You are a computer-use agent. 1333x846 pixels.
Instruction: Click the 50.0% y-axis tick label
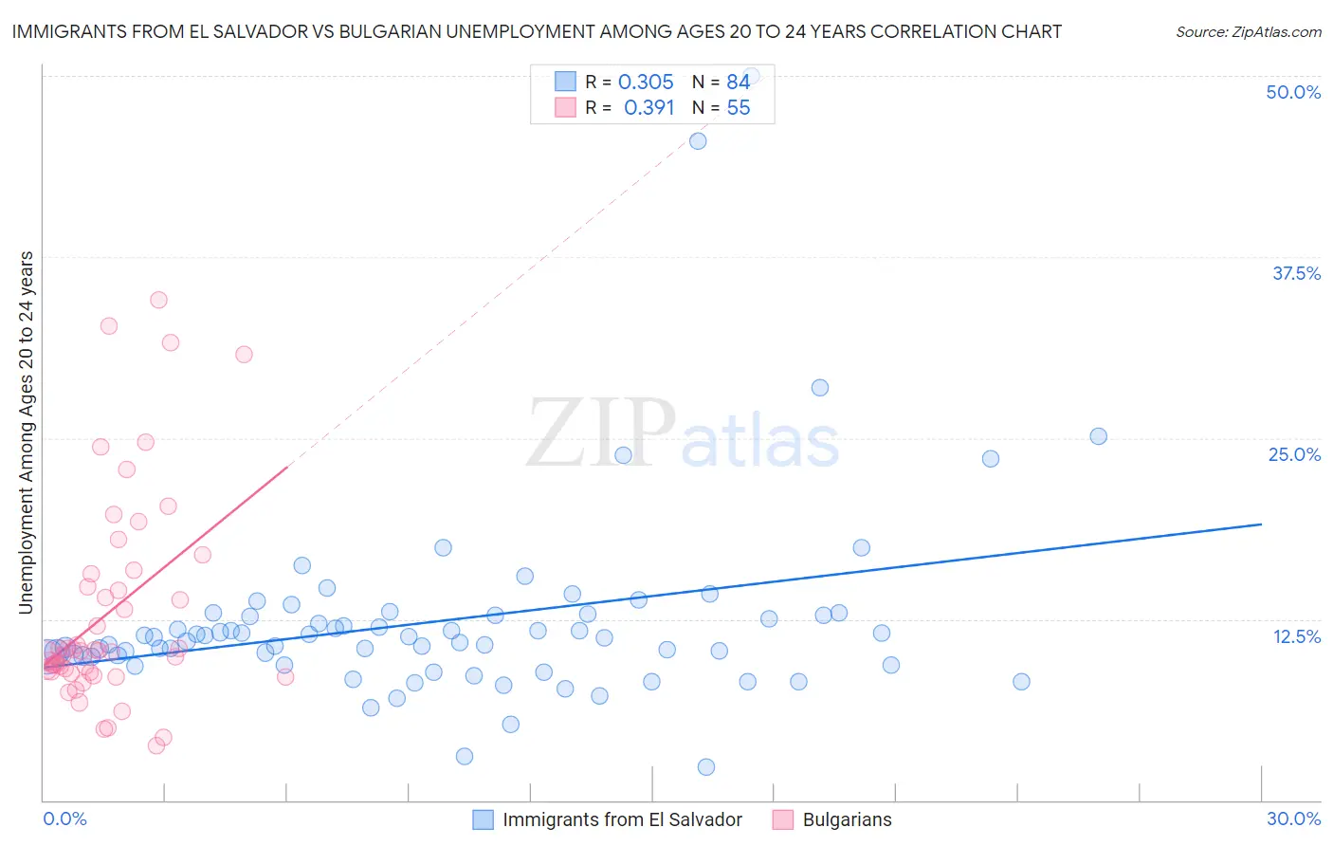tap(1293, 92)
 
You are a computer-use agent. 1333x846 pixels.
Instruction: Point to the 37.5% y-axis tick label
tap(1296, 273)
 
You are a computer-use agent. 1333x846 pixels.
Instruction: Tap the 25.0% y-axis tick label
tap(1294, 454)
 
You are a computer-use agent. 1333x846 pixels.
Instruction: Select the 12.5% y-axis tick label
tap(1296, 636)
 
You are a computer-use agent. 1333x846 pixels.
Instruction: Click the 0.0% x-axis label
tap(64, 818)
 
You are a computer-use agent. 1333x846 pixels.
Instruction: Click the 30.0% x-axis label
tap(1293, 818)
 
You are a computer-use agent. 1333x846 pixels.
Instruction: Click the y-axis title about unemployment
tap(27, 432)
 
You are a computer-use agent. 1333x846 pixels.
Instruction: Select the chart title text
tap(537, 31)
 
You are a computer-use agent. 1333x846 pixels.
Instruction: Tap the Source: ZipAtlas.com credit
tap(1248, 32)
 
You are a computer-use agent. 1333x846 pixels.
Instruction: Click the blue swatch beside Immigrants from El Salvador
tap(483, 819)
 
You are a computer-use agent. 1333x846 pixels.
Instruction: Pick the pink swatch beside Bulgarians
tap(783, 819)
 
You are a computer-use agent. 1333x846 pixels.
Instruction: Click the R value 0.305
tap(646, 83)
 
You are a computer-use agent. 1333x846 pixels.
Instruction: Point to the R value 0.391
tap(648, 108)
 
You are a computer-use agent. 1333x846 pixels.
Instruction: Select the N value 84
tap(739, 83)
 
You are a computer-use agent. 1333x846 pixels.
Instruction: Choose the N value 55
tap(739, 108)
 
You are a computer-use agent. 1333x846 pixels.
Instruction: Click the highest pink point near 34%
tap(158, 300)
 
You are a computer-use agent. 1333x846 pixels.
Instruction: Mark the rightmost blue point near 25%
tap(1098, 436)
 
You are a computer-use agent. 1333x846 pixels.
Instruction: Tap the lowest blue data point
tap(705, 767)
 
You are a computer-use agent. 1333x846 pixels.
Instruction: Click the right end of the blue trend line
tap(1261, 524)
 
